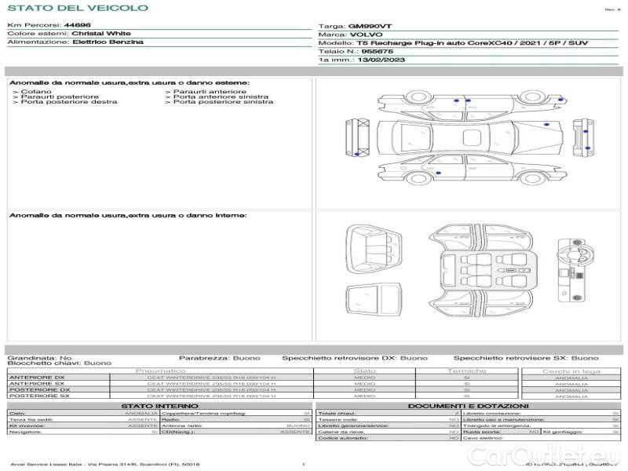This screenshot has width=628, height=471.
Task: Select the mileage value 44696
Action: click(77, 25)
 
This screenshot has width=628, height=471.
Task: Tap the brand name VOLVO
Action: click(366, 35)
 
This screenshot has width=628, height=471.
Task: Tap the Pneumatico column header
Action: click(160, 371)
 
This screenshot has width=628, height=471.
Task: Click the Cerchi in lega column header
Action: click(571, 371)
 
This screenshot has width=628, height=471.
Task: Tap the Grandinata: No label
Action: click(39, 357)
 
